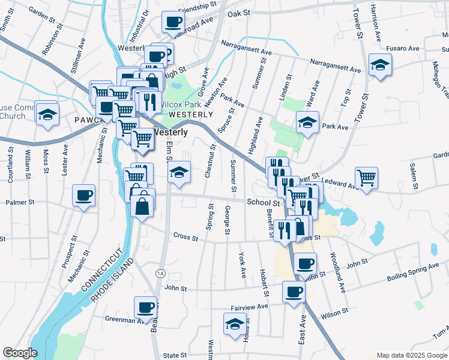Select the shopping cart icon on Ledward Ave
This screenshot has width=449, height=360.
coord(366,178)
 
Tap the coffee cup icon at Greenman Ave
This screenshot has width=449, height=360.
coord(145,308)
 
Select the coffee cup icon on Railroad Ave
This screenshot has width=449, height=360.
coord(173,23)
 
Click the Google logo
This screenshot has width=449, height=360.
coord(20,353)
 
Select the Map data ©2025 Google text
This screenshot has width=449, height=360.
coord(411,355)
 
